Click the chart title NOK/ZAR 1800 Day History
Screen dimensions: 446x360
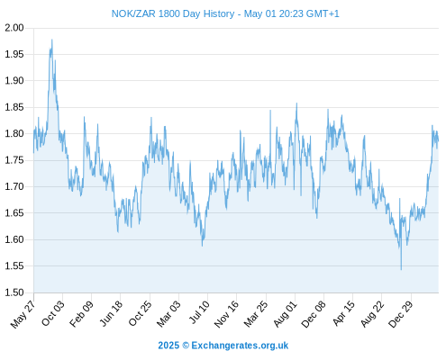point(173,13)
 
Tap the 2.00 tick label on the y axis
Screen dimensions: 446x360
point(14,28)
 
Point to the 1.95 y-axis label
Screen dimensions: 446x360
point(14,54)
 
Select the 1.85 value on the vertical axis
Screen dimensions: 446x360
point(14,107)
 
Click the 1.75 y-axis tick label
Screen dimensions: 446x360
point(14,160)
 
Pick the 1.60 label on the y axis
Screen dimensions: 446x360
point(14,239)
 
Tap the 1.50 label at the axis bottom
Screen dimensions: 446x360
point(14,292)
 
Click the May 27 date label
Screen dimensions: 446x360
point(23,314)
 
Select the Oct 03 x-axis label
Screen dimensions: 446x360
point(52,313)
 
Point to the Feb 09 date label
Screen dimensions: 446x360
point(81,314)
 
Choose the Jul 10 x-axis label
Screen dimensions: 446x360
point(199,312)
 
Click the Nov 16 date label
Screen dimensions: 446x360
point(226,314)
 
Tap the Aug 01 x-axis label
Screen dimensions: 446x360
point(285,314)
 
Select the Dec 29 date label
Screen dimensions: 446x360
point(401,314)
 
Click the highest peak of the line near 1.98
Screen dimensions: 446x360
point(52,40)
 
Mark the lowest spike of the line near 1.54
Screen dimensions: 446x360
point(401,269)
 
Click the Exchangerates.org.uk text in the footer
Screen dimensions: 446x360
point(240,346)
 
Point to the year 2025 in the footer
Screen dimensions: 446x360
point(168,346)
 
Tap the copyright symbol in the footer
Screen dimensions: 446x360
point(186,346)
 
